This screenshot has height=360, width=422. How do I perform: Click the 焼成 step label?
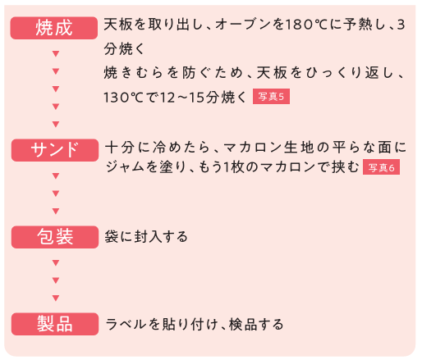click(x=54, y=28)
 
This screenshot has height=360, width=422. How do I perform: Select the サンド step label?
click(x=55, y=150)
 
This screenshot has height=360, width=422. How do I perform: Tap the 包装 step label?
click(x=55, y=237)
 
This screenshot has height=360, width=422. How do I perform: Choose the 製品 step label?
click(x=55, y=324)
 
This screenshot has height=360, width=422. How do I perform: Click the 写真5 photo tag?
click(x=271, y=97)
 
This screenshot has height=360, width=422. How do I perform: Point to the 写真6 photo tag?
click(x=381, y=167)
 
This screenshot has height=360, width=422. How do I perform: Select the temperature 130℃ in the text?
click(x=123, y=98)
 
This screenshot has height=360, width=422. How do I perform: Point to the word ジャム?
click(x=125, y=166)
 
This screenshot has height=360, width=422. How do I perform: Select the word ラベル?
click(x=126, y=324)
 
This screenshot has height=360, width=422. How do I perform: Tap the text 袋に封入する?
click(x=146, y=237)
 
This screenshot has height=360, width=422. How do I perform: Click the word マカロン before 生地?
click(x=253, y=148)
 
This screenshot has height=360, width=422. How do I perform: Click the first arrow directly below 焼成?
click(x=56, y=53)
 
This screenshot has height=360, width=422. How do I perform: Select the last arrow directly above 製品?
click(x=56, y=298)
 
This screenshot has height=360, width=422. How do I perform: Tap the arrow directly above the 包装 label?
click(x=56, y=211)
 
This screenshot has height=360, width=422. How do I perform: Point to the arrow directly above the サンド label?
click(x=56, y=124)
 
